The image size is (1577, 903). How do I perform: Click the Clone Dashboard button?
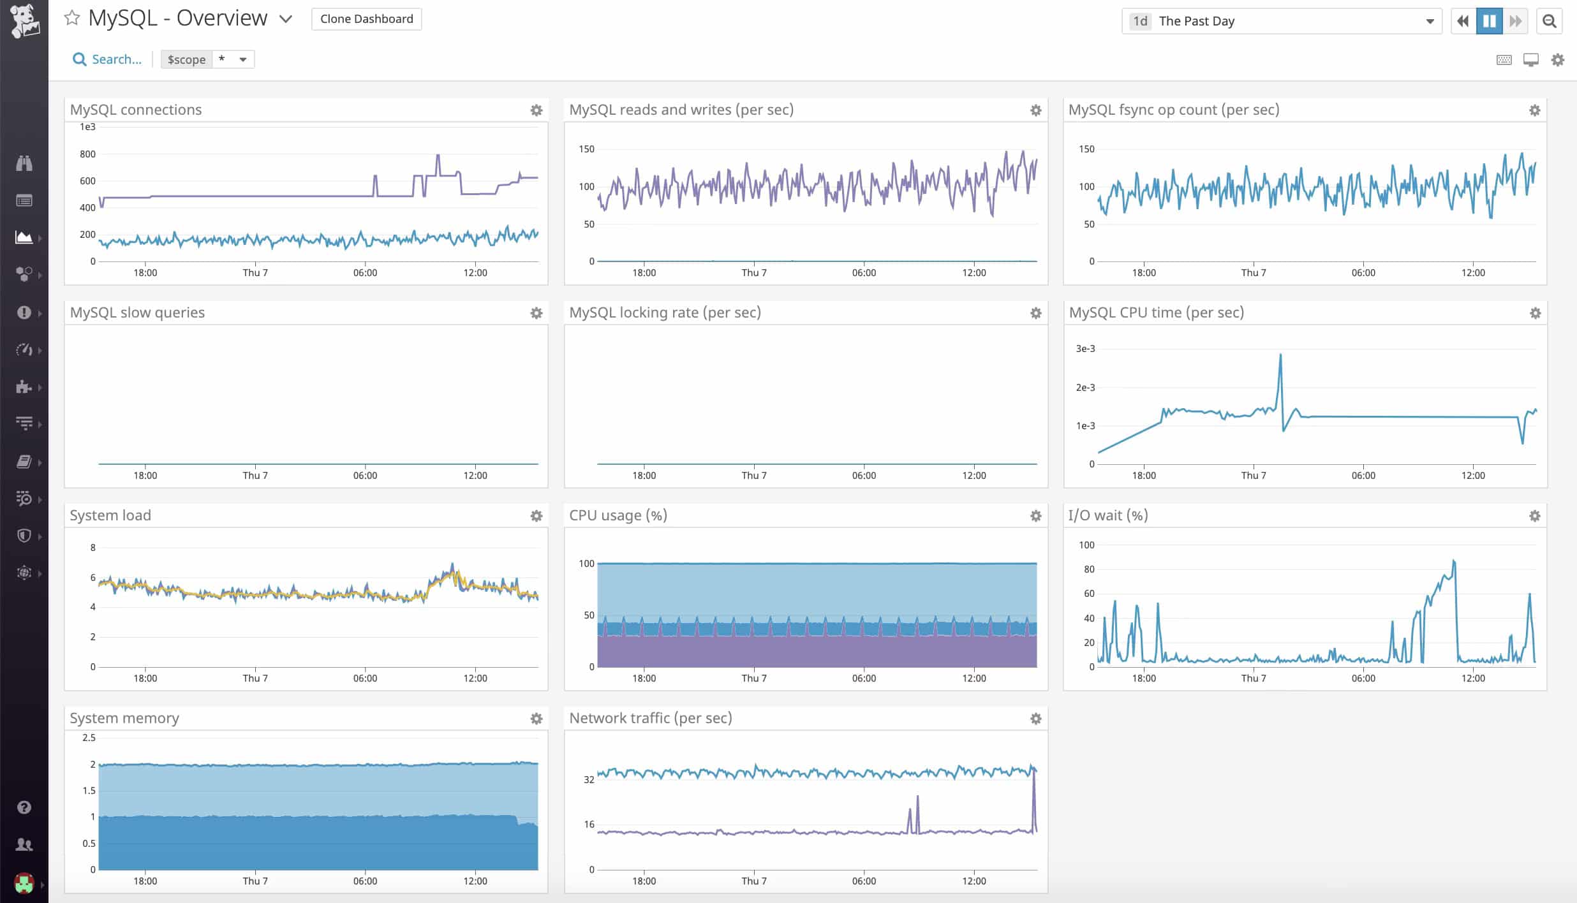(366, 19)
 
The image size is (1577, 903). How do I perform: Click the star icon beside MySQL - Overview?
(72, 18)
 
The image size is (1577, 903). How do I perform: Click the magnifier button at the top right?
(1549, 21)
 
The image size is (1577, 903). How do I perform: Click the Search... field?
(107, 59)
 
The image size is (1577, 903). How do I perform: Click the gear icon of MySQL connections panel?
(537, 110)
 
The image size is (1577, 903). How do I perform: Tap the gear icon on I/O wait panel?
(1534, 516)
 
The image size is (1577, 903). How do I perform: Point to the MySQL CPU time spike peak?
(1280, 355)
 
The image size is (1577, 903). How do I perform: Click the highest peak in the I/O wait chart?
(1453, 561)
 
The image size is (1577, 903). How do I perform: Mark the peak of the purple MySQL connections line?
(438, 155)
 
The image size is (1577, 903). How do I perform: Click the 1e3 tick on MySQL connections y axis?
(87, 127)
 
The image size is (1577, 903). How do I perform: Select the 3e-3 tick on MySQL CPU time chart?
(1085, 349)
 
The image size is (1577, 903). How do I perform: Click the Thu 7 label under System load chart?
(255, 678)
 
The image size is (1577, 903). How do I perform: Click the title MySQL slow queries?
(137, 312)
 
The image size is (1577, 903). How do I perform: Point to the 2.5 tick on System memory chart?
(89, 738)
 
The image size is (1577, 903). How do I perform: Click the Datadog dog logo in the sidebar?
(24, 20)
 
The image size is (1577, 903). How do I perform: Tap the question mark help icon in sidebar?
(24, 807)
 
